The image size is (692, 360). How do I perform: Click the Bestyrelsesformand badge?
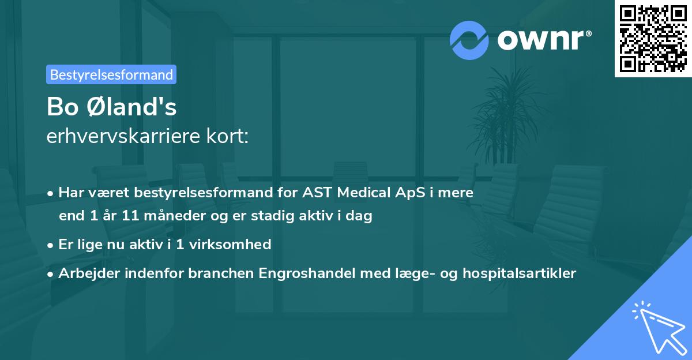pyautogui.click(x=111, y=74)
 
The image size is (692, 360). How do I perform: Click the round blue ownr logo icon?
pyautogui.click(x=469, y=40)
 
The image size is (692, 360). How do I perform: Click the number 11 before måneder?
pyautogui.click(x=128, y=216)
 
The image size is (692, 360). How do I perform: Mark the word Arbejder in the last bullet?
pyautogui.click(x=85, y=273)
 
